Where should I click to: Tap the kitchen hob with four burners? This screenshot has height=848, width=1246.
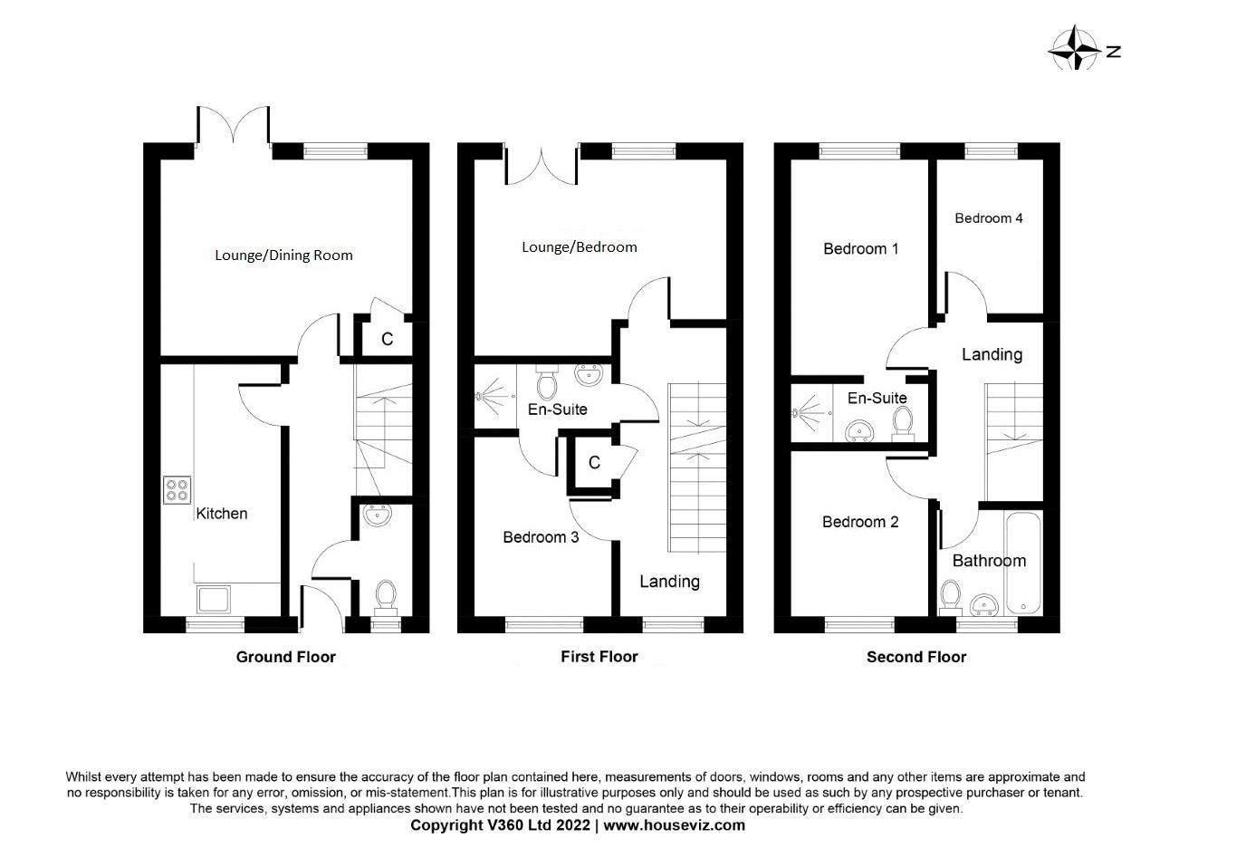[177, 489]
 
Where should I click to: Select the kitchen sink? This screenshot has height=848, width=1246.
[214, 598]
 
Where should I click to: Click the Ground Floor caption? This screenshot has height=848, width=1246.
[285, 657]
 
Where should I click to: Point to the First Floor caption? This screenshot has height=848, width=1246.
[599, 657]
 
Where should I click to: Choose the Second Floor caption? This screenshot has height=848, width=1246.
[915, 657]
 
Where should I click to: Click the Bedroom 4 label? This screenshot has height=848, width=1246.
[988, 217]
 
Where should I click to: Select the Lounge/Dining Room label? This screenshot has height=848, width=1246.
[283, 255]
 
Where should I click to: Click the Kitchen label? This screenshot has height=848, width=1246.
[222, 514]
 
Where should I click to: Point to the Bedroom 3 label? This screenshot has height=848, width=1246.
[541, 537]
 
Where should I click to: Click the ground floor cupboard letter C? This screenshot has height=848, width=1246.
[387, 339]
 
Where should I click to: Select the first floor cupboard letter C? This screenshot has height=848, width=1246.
[594, 463]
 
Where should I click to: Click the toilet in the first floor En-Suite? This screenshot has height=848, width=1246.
[547, 384]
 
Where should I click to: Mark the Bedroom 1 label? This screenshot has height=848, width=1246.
[860, 248]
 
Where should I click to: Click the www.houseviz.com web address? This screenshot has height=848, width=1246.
[675, 825]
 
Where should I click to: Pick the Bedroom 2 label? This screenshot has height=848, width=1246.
[859, 522]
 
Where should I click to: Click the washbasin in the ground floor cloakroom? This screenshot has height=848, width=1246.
[377, 516]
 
